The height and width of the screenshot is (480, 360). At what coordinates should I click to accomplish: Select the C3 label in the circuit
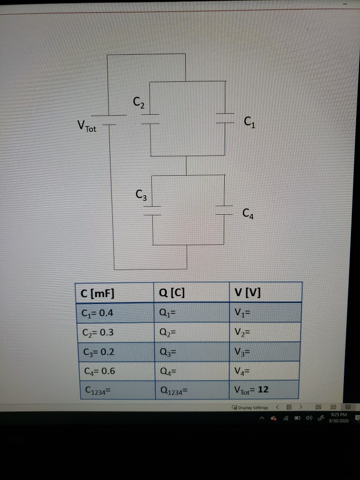coord(140,194)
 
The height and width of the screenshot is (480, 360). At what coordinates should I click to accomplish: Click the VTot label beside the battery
coord(86,127)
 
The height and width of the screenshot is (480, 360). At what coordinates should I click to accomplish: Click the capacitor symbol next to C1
coord(225,118)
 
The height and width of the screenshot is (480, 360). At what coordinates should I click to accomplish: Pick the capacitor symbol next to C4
coord(224,210)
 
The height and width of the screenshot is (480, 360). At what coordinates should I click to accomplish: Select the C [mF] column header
coord(98,293)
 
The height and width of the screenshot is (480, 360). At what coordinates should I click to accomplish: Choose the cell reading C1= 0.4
coord(98,313)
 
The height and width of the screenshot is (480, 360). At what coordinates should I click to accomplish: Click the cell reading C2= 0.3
coord(98,332)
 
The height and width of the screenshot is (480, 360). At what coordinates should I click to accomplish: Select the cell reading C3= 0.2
coord(98,351)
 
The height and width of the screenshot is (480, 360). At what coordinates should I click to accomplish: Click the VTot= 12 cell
coord(251,390)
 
